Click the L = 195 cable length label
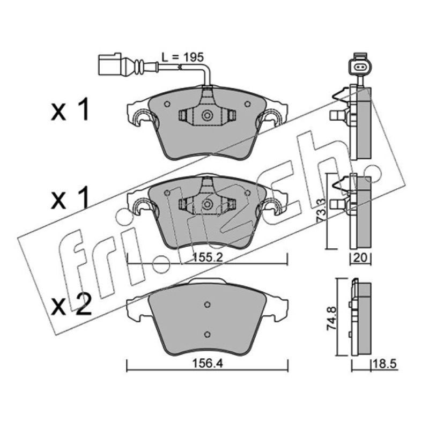(x=183, y=57)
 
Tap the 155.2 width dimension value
(x=208, y=257)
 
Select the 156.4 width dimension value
(x=208, y=364)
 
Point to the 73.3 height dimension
(x=321, y=211)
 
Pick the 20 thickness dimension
(x=360, y=258)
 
